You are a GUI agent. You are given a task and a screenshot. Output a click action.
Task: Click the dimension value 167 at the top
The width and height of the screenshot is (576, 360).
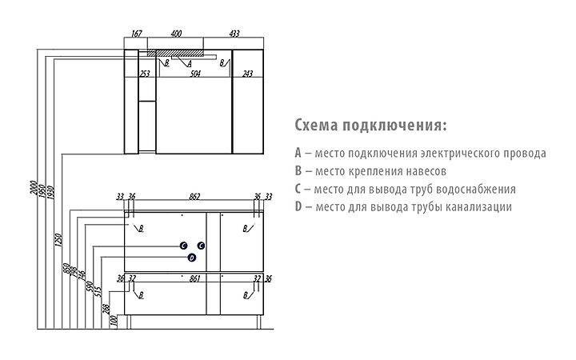(x=136, y=34)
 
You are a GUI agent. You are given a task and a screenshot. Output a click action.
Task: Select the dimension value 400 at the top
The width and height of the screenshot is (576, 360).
(x=176, y=34)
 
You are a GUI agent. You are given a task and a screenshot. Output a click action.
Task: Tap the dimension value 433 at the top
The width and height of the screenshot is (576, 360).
(x=234, y=34)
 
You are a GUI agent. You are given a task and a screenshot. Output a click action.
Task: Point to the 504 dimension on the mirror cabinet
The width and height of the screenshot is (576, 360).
(x=195, y=74)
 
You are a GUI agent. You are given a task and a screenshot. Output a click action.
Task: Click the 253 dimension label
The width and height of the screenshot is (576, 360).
(x=145, y=74)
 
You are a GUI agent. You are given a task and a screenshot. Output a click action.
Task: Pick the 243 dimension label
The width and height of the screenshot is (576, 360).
(x=247, y=74)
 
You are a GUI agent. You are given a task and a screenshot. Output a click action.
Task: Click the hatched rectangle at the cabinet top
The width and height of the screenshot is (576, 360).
(x=175, y=54)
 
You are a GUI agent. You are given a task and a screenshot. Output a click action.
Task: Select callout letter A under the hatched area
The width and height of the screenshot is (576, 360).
(x=190, y=64)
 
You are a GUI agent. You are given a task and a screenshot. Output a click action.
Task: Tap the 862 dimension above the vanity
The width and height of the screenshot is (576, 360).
(x=194, y=197)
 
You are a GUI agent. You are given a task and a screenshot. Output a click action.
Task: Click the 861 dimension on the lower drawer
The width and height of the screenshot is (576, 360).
(x=194, y=279)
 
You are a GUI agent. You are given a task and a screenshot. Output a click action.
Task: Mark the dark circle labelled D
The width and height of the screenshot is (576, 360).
(x=192, y=258)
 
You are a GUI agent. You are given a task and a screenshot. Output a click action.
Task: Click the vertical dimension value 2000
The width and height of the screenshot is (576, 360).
(x=33, y=188)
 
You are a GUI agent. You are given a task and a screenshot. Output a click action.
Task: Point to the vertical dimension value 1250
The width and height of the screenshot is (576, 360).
(x=58, y=239)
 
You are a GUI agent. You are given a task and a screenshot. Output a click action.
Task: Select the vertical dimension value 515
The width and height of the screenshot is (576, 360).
(x=98, y=292)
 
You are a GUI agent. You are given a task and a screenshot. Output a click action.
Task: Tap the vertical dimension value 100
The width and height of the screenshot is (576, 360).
(x=114, y=320)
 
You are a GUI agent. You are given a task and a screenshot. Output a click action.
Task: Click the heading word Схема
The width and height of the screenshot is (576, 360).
(x=316, y=125)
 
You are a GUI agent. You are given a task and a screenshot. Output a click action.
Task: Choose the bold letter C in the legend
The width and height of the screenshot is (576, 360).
(x=298, y=189)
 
